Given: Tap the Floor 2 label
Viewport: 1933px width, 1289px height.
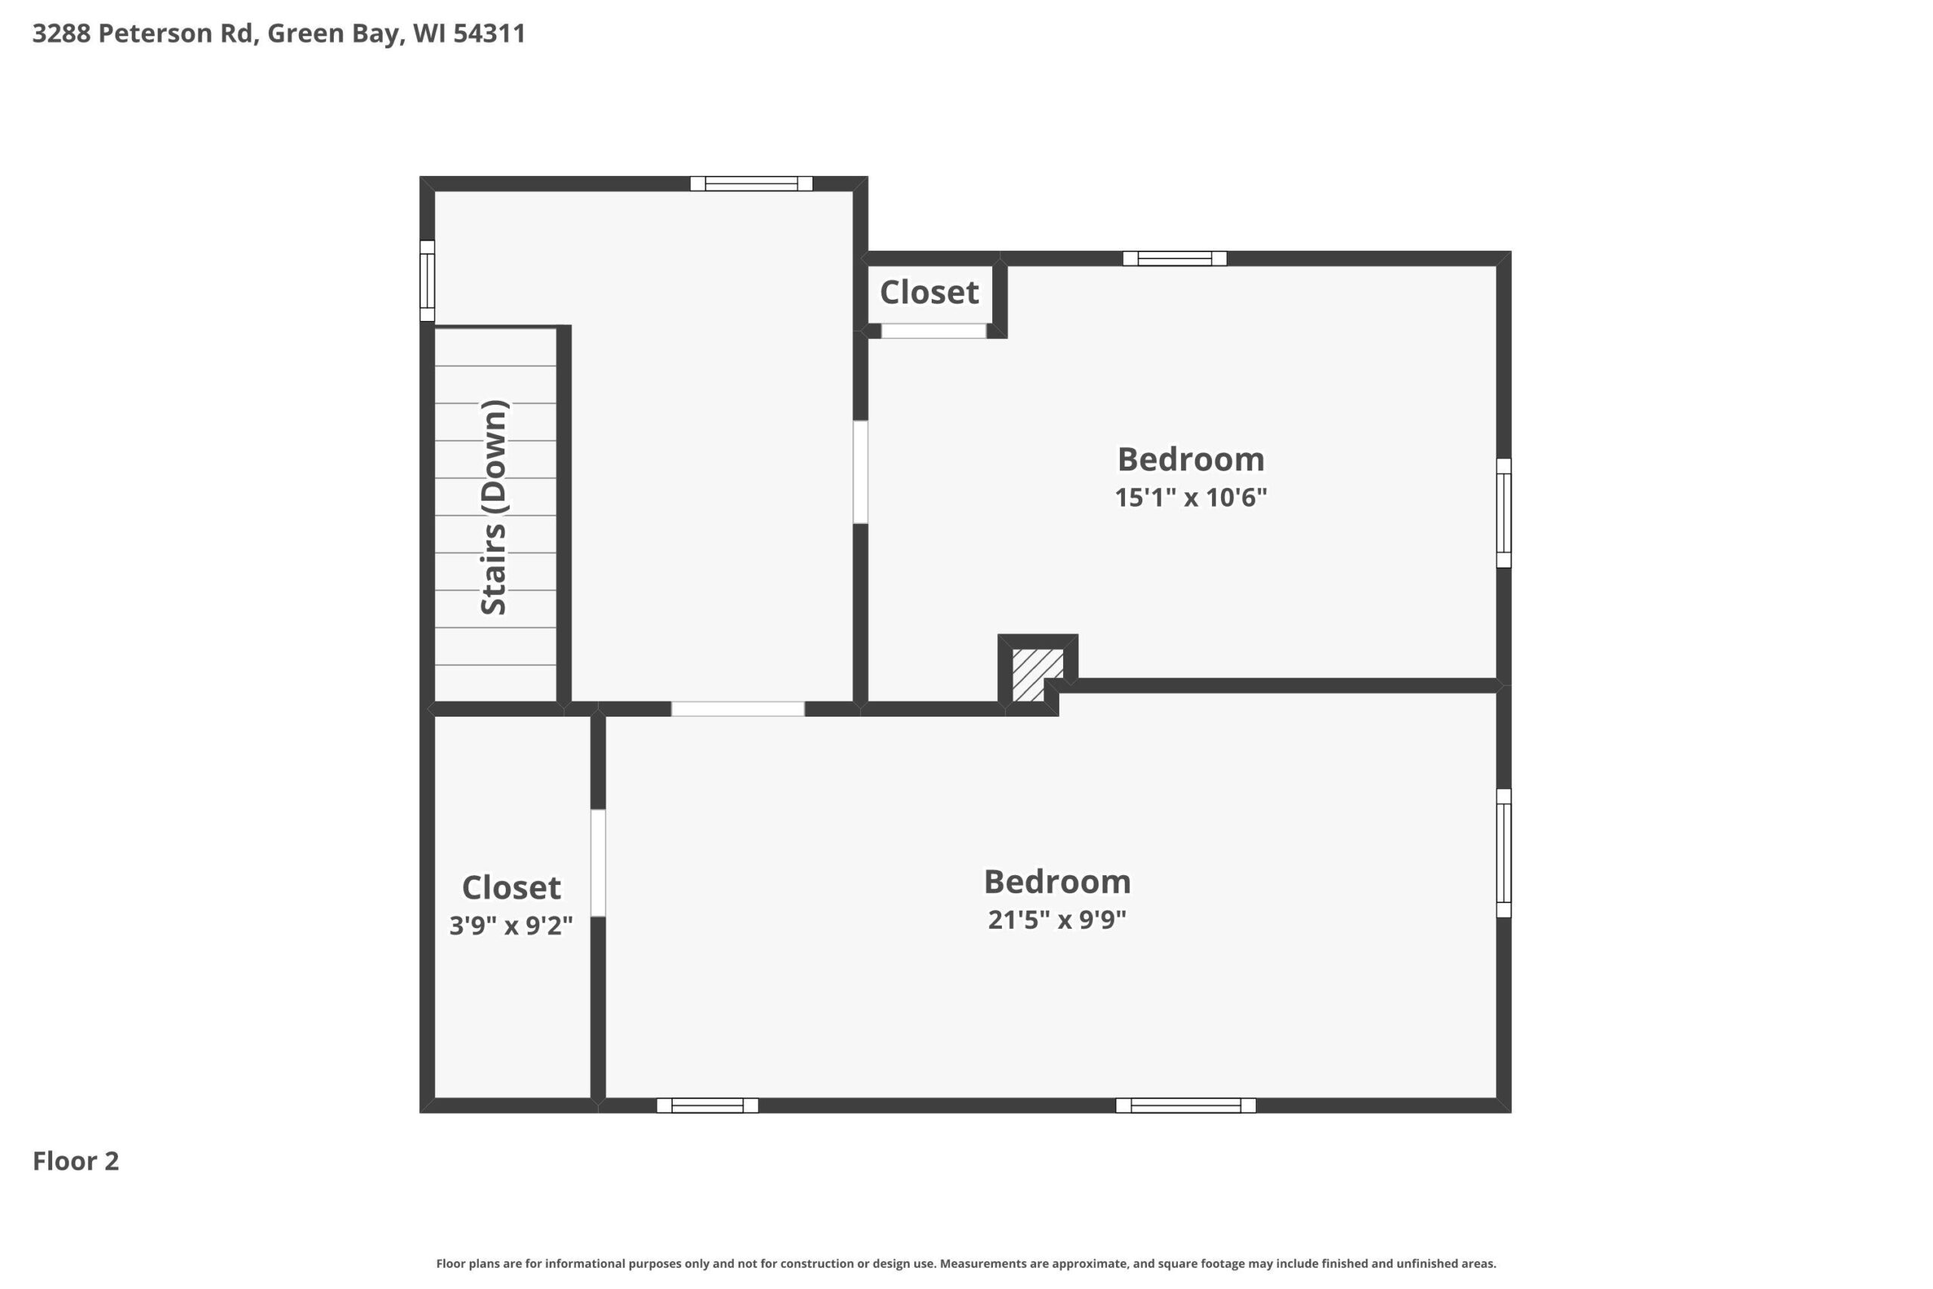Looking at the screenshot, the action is pyautogui.click(x=76, y=1161).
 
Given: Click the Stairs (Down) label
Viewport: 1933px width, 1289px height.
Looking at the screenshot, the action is pyautogui.click(x=494, y=507).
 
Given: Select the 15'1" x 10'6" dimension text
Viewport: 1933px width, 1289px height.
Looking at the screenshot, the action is pyautogui.click(x=1191, y=498).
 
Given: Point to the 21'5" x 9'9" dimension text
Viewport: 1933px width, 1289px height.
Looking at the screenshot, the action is pyautogui.click(x=1057, y=919).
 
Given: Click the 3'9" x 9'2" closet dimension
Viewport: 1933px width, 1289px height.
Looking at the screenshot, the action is pyautogui.click(x=510, y=926).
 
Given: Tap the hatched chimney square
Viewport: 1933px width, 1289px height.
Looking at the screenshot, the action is pyautogui.click(x=1037, y=675).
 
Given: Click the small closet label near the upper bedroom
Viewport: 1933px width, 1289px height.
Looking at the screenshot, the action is pyautogui.click(x=930, y=291).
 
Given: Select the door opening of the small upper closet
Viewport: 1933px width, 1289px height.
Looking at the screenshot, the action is pyautogui.click(x=933, y=332).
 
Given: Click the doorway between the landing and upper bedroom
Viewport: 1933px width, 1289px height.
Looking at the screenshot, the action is pyautogui.click(x=861, y=472).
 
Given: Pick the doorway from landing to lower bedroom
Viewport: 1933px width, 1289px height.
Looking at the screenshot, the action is pyautogui.click(x=737, y=708).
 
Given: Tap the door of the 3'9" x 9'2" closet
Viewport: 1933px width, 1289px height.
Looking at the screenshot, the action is pyautogui.click(x=598, y=862).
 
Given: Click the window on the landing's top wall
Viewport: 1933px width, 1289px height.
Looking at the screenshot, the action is pyautogui.click(x=751, y=183).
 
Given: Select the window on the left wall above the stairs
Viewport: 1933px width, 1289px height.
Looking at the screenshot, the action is pyautogui.click(x=427, y=280).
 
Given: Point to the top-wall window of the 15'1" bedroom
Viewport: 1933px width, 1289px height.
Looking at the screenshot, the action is pyautogui.click(x=1174, y=258).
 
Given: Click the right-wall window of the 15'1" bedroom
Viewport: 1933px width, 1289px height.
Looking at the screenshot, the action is pyautogui.click(x=1503, y=513).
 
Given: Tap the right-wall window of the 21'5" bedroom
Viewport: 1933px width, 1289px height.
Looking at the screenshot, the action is pyautogui.click(x=1503, y=853).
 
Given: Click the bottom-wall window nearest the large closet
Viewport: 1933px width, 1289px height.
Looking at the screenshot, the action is pyautogui.click(x=707, y=1105).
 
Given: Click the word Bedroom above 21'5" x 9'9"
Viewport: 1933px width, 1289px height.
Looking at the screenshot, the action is pyautogui.click(x=1057, y=882).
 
